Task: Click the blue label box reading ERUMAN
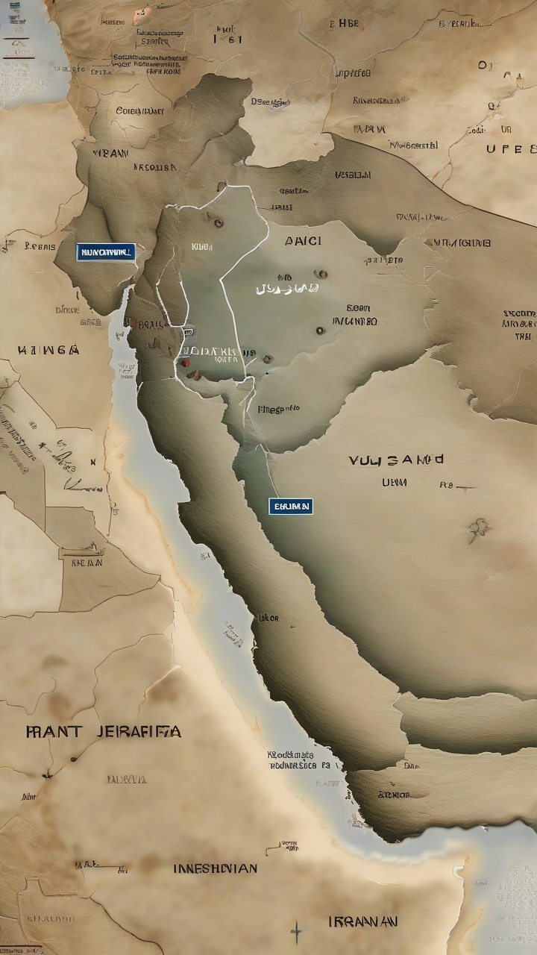(x=291, y=507)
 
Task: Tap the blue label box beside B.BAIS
(x=105, y=252)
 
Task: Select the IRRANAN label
(x=362, y=921)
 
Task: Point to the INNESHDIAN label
(x=216, y=868)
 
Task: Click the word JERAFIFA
(x=139, y=732)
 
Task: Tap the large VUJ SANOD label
(x=395, y=460)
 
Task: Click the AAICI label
(x=303, y=241)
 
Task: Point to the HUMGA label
(x=48, y=349)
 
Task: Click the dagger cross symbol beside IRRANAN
(x=296, y=931)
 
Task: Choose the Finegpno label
(x=278, y=409)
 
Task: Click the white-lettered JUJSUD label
(x=286, y=288)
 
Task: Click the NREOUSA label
(x=155, y=168)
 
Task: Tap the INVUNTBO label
(x=354, y=322)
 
